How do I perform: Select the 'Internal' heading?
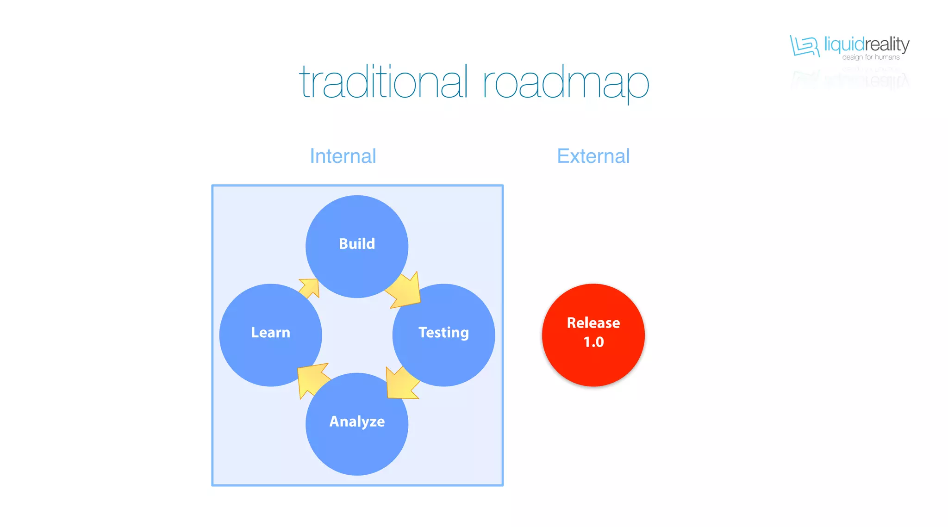pos(343,156)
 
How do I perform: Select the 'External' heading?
pos(593,156)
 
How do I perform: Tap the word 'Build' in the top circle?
pos(357,244)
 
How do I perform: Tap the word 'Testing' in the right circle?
pos(443,332)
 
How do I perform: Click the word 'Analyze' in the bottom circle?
pos(357,422)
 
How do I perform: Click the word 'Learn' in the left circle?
pos(270,332)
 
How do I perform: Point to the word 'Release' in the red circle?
pos(593,322)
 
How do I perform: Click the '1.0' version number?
pos(593,342)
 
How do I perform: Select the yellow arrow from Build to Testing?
pos(405,291)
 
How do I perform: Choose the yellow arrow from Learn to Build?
pos(309,288)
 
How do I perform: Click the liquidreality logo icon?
pos(805,46)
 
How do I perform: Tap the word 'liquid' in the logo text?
pos(844,44)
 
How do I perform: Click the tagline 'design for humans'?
pos(871,57)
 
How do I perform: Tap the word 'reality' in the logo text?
pos(887,44)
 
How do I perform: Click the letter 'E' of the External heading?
pos(563,156)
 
